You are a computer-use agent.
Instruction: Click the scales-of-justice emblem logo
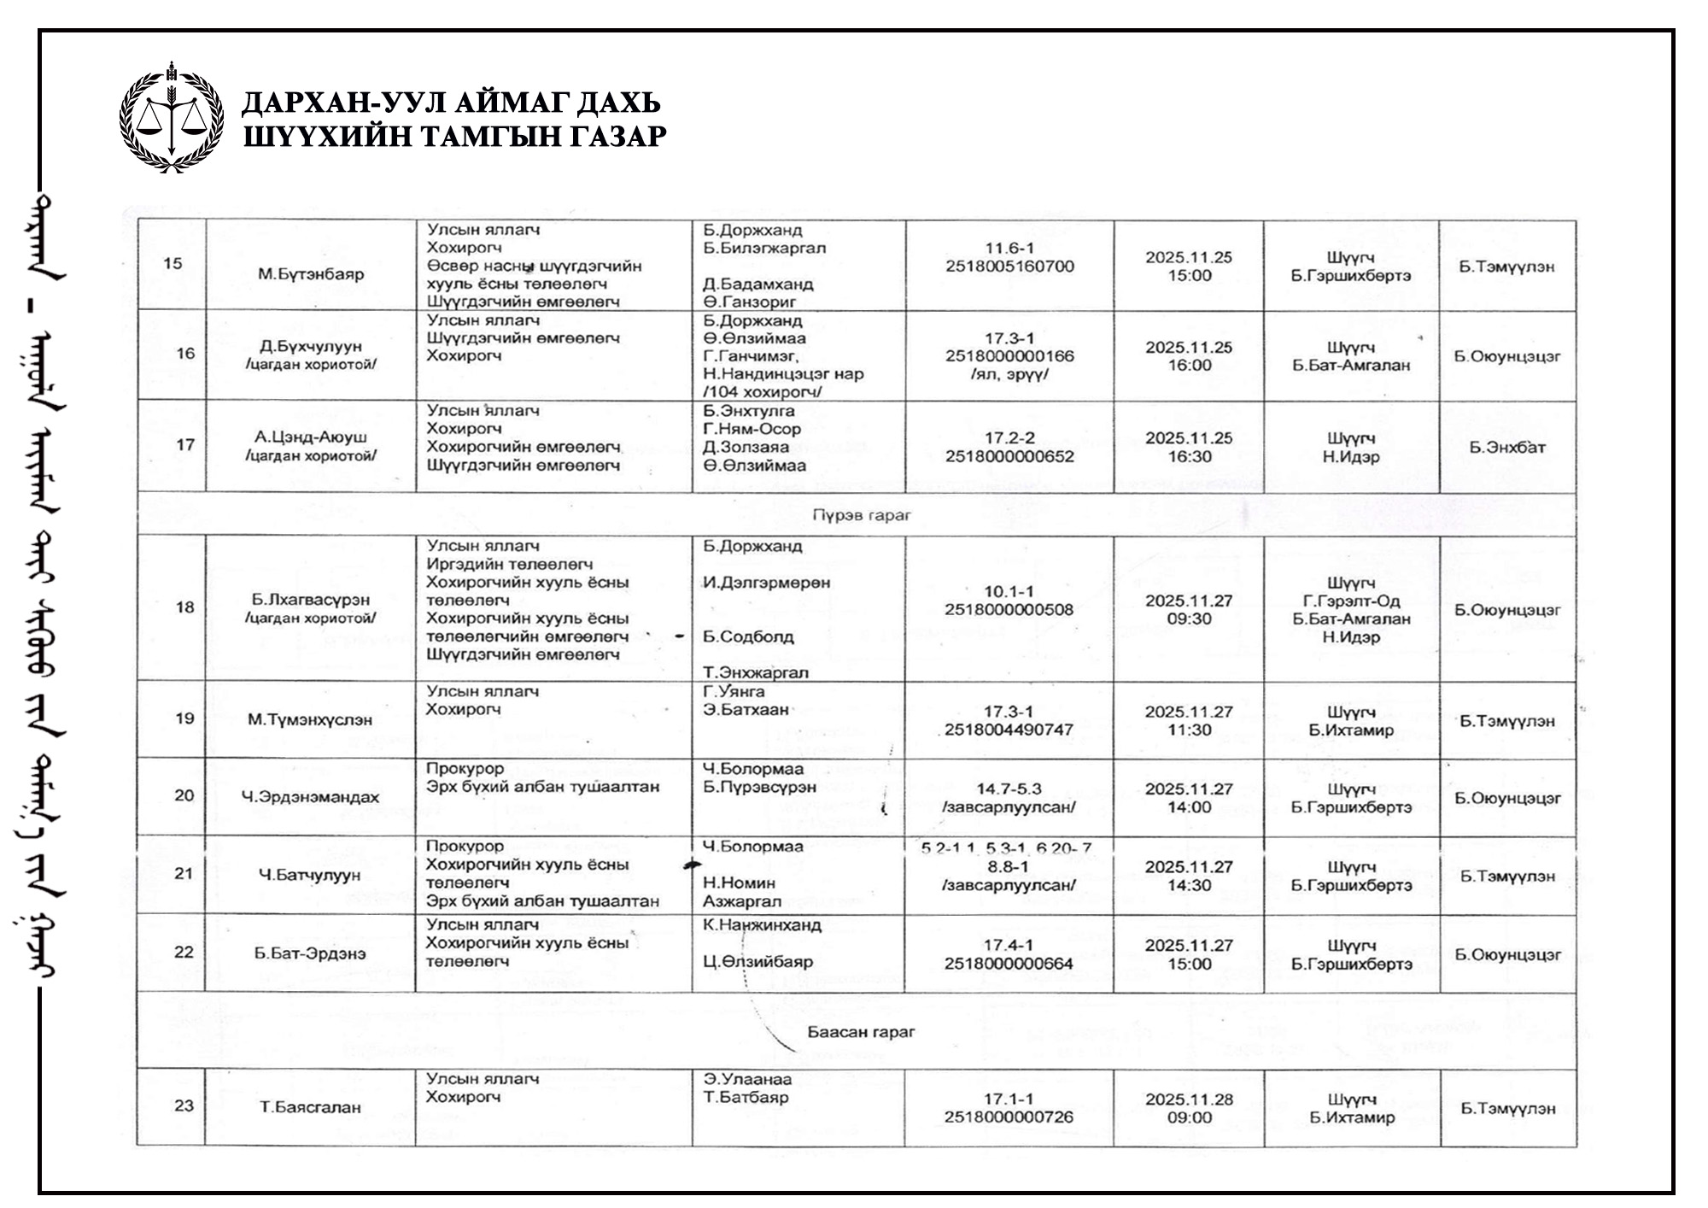click(172, 118)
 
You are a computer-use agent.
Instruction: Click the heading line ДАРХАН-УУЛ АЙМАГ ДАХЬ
click(451, 103)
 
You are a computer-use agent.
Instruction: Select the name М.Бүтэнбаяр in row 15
click(311, 274)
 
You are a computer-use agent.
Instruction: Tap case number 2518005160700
click(1009, 267)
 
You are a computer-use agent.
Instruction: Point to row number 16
click(184, 354)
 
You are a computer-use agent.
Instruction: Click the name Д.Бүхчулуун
click(311, 346)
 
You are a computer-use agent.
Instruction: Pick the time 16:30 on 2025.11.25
click(1190, 457)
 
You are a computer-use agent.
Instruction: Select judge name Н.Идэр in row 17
click(1351, 457)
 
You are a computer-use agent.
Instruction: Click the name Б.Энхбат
click(1507, 447)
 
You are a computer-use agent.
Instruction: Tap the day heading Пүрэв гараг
click(861, 515)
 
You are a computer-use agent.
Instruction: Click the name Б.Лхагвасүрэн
click(311, 600)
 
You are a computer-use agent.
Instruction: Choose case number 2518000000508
click(1009, 610)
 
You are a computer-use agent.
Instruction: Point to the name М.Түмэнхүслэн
click(310, 719)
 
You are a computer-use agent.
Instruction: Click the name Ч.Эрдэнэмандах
click(310, 797)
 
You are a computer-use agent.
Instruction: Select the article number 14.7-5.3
click(1009, 789)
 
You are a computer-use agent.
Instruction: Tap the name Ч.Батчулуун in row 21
click(310, 875)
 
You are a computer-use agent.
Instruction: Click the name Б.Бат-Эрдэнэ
click(310, 953)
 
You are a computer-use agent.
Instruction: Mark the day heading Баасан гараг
click(861, 1032)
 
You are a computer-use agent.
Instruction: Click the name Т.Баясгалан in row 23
click(310, 1107)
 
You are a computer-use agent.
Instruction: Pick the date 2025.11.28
click(1190, 1100)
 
